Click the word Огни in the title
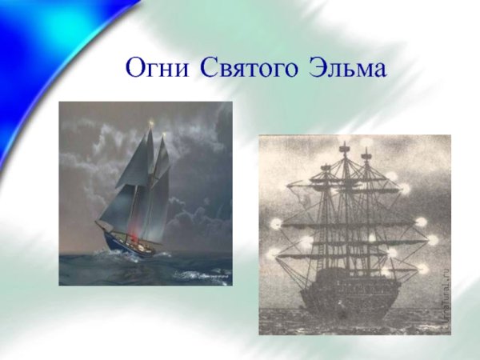coord(158,68)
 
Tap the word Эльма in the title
coord(347,68)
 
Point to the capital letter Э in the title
coord(317,68)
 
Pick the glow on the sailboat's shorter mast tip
coord(166,137)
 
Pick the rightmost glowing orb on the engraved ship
coord(433,239)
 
